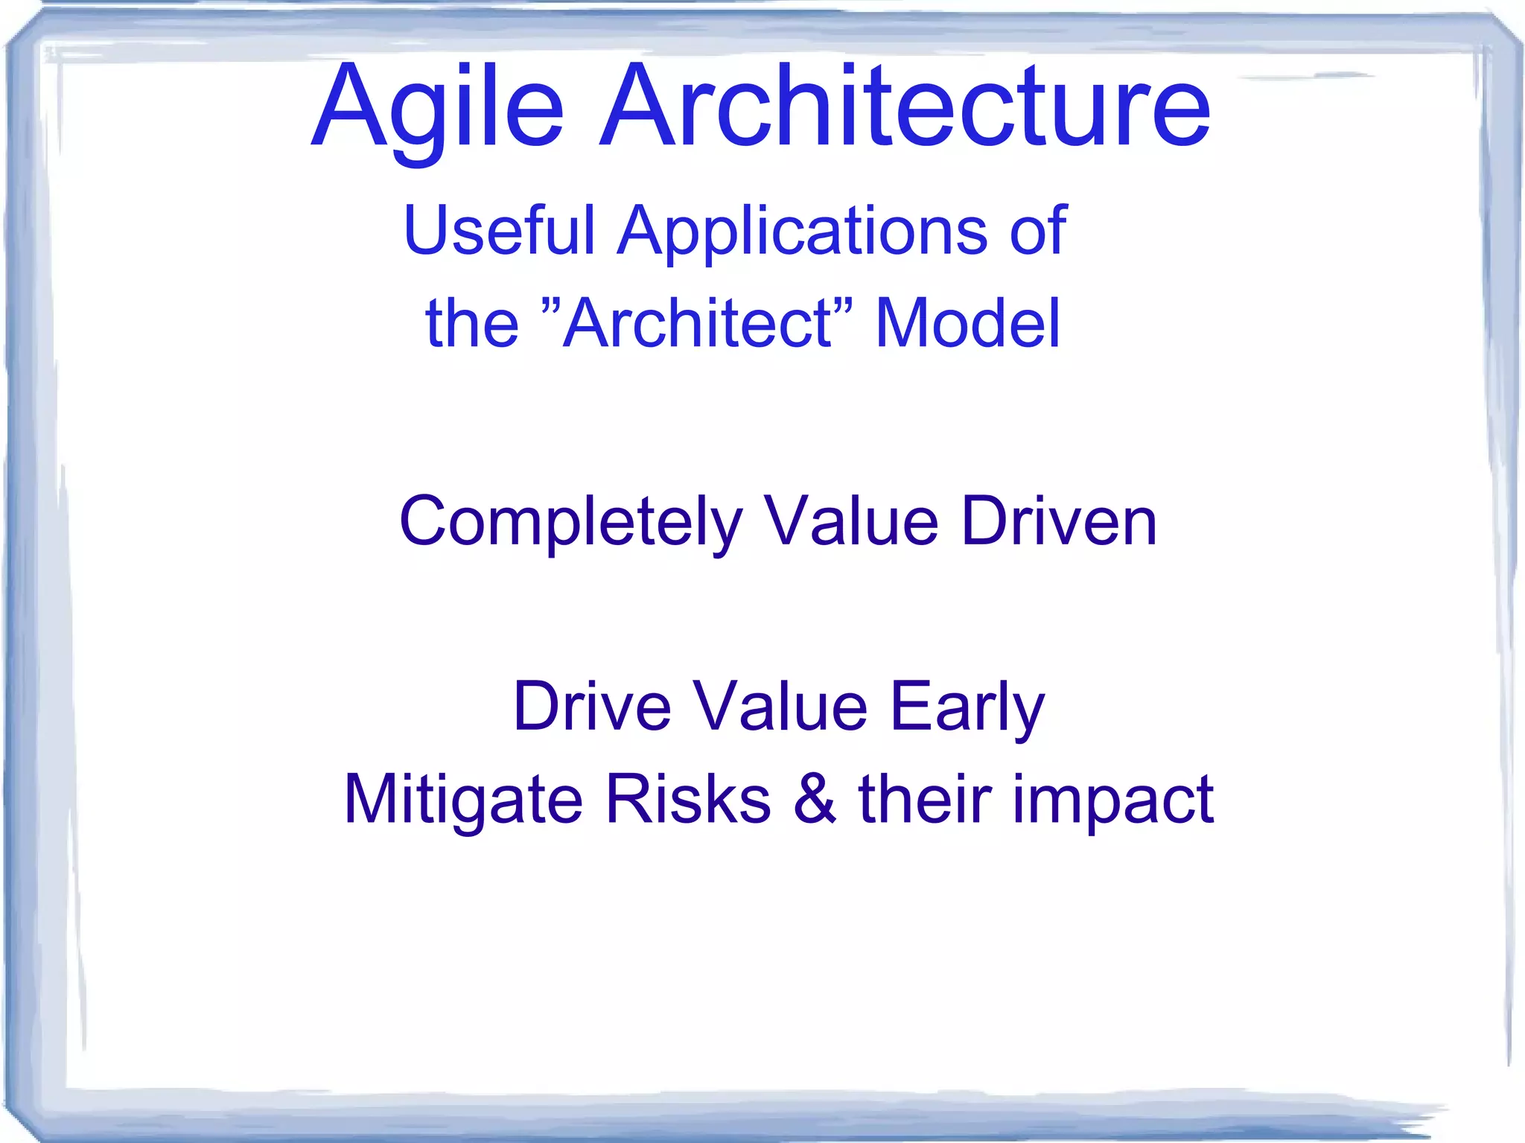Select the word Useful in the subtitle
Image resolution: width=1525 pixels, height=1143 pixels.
tap(499, 230)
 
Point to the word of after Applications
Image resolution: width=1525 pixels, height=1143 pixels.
tap(1038, 230)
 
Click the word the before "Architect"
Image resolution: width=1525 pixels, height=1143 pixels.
tap(471, 323)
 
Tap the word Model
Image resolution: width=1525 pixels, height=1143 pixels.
tap(967, 323)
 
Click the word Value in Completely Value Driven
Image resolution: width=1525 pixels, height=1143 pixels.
tap(852, 521)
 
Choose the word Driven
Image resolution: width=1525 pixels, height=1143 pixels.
tap(1059, 521)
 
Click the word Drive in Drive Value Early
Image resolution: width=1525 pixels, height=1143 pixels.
tap(592, 706)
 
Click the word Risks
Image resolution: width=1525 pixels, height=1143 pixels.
tap(688, 799)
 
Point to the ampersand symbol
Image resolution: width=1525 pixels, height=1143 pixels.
tap(815, 799)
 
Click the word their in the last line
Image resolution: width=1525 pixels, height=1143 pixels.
tap(926, 799)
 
